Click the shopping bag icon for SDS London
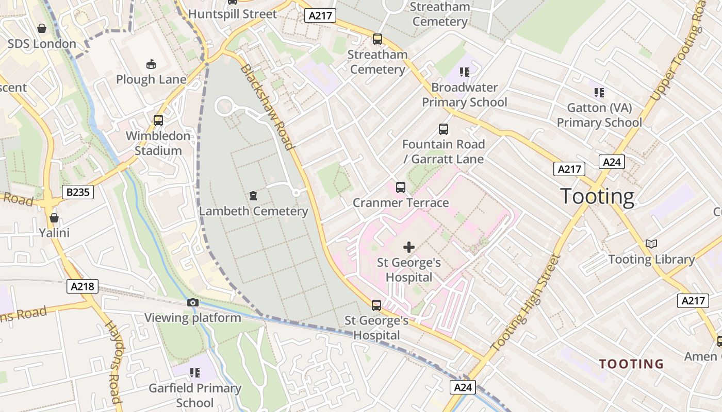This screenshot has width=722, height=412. click(x=42, y=28)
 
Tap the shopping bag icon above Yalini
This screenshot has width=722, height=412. click(x=54, y=217)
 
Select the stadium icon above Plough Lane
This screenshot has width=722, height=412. click(x=151, y=64)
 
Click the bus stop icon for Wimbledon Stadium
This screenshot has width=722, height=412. click(x=158, y=121)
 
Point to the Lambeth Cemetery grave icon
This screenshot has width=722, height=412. click(x=253, y=196)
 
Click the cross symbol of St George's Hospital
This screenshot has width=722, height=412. click(x=409, y=247)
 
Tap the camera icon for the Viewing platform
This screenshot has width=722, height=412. click(x=193, y=302)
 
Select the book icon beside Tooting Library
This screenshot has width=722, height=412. click(x=651, y=244)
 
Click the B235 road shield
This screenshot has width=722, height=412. click(x=78, y=193)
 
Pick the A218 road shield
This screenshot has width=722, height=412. click(x=83, y=286)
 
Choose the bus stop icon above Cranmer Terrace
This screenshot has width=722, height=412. click(x=401, y=187)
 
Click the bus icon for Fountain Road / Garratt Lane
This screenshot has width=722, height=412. click(x=444, y=129)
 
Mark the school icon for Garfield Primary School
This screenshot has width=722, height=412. click(x=195, y=372)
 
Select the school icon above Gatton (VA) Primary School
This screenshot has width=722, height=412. click(x=599, y=93)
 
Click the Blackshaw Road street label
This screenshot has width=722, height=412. click(x=268, y=107)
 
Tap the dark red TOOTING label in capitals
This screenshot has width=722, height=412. click(x=631, y=364)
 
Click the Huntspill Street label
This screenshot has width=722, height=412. click(x=233, y=14)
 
